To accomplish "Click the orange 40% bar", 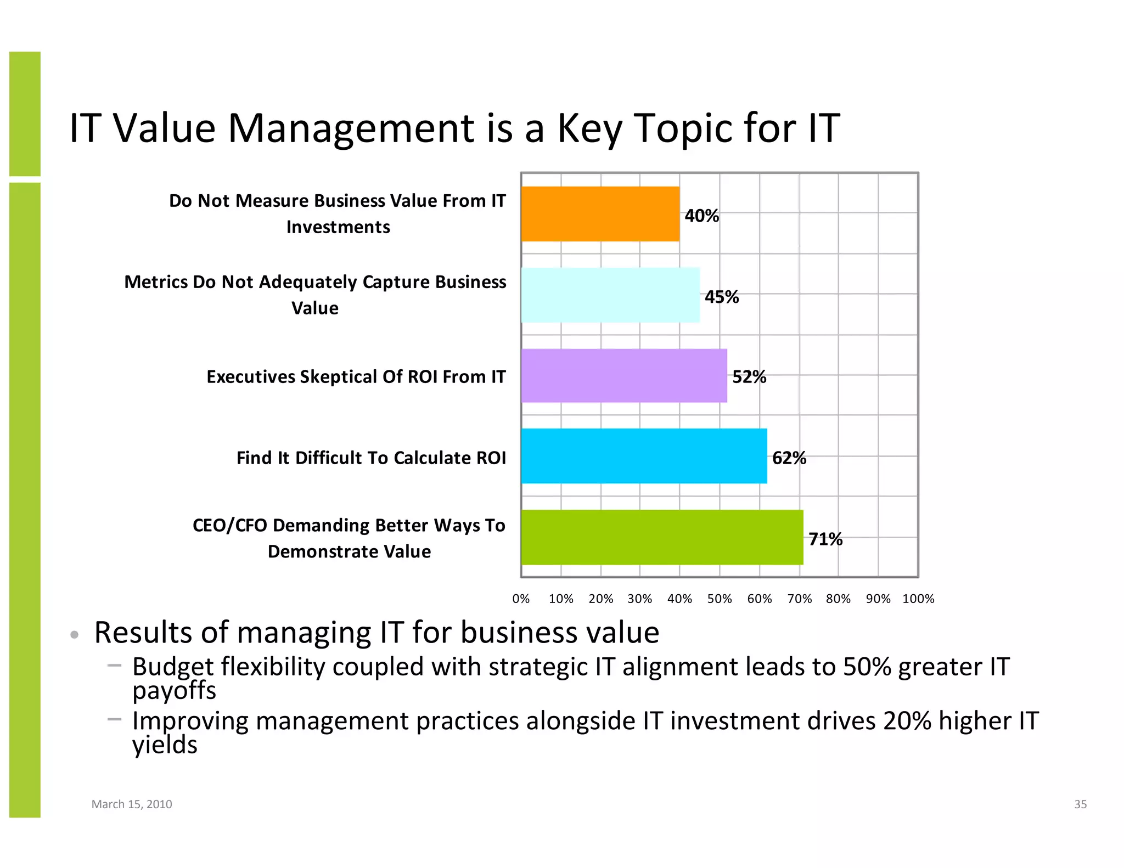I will click(x=600, y=214).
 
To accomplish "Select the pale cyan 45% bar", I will click(x=610, y=295).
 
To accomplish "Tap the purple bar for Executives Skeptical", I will click(x=624, y=376).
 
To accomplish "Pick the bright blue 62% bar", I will click(x=644, y=456).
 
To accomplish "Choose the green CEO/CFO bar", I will click(x=662, y=537).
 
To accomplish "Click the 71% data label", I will click(x=825, y=539).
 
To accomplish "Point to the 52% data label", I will click(x=749, y=377).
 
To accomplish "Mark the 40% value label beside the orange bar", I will click(x=701, y=216).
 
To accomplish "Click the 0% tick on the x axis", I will click(x=521, y=599).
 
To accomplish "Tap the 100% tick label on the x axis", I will click(x=918, y=599).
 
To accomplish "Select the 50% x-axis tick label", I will click(x=720, y=599).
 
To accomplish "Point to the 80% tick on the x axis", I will click(x=838, y=599).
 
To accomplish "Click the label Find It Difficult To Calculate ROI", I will click(x=371, y=458).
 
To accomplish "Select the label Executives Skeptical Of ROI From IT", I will click(x=356, y=377).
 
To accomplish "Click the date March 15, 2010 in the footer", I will click(x=132, y=804).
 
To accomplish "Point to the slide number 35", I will click(x=1080, y=804).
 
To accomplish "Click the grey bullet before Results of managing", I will click(x=75, y=635).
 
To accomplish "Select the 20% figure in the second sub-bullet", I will click(x=907, y=721).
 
